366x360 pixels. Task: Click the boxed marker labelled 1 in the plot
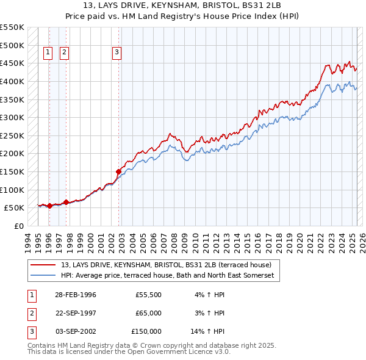48,53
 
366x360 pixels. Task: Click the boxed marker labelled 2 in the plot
64,53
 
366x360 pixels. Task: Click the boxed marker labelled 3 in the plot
116,53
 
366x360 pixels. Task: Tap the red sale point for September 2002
118,171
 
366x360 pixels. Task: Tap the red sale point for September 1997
66,202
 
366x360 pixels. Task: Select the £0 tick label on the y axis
18,226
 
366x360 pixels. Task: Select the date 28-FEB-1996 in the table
75,295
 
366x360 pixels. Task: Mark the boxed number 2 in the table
30,313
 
